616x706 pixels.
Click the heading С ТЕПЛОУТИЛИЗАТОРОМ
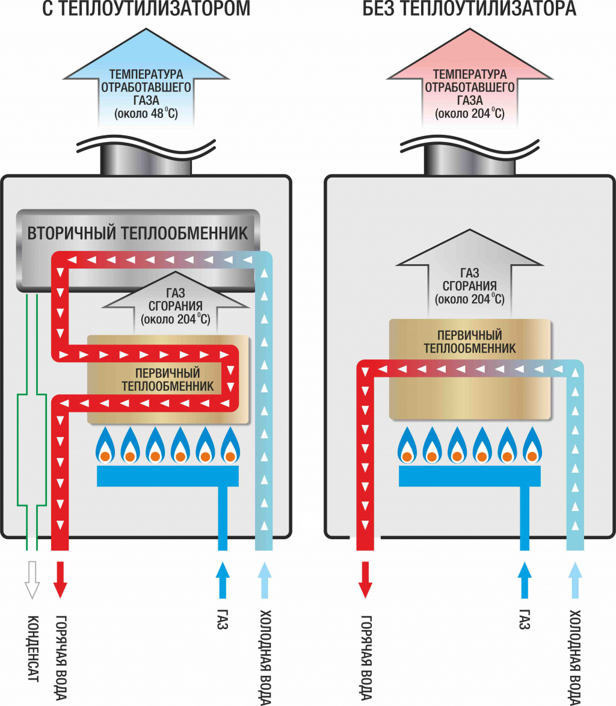pyautogui.click(x=138, y=10)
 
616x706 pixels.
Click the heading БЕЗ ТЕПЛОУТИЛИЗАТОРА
pyautogui.click(x=469, y=10)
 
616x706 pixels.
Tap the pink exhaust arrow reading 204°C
pyautogui.click(x=469, y=90)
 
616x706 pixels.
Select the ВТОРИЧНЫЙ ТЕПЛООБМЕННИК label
pyautogui.click(x=137, y=233)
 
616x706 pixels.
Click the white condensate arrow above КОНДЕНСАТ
pyautogui.click(x=31, y=580)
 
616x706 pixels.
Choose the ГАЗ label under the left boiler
pyautogui.click(x=222, y=620)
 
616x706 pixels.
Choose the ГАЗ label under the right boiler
pyautogui.click(x=524, y=620)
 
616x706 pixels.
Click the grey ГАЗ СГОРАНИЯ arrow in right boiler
pyautogui.click(x=469, y=280)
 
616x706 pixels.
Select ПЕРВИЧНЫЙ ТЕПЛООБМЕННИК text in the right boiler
pyautogui.click(x=469, y=342)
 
